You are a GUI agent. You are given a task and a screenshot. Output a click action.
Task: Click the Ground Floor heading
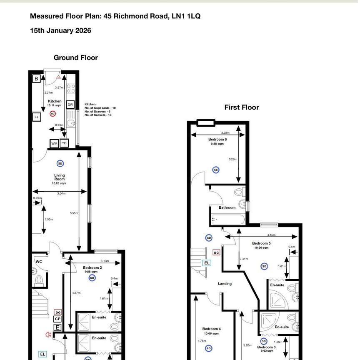tap(75, 57)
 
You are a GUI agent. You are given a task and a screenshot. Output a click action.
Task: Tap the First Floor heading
tap(242, 107)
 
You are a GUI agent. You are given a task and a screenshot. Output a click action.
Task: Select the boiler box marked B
tap(36, 78)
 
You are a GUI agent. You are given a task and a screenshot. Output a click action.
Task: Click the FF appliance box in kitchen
tap(37, 117)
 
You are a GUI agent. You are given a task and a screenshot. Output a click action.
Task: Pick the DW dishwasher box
tap(70, 105)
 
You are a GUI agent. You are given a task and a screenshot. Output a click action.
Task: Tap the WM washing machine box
tap(54, 143)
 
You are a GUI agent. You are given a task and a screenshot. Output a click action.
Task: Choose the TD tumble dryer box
tap(64, 143)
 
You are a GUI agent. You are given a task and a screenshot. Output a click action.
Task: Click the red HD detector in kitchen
tap(52, 113)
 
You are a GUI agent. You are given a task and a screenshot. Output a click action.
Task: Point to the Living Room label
tap(60, 177)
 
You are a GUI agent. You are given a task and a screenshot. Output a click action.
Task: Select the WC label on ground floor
tap(39, 262)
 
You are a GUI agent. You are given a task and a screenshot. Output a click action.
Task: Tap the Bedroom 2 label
tap(92, 267)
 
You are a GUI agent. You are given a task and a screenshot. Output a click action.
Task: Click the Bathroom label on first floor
tap(227, 207)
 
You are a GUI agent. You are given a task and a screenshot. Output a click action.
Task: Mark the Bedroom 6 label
tap(217, 139)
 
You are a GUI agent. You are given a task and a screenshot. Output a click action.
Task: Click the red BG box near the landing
tap(216, 252)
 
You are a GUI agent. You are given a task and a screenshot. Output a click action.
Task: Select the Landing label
tap(225, 284)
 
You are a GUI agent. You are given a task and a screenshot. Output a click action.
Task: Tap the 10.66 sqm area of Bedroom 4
tap(212, 334)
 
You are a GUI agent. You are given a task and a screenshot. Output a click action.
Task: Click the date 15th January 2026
tap(60, 30)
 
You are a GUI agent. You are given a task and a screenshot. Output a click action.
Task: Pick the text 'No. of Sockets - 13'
tap(100, 115)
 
